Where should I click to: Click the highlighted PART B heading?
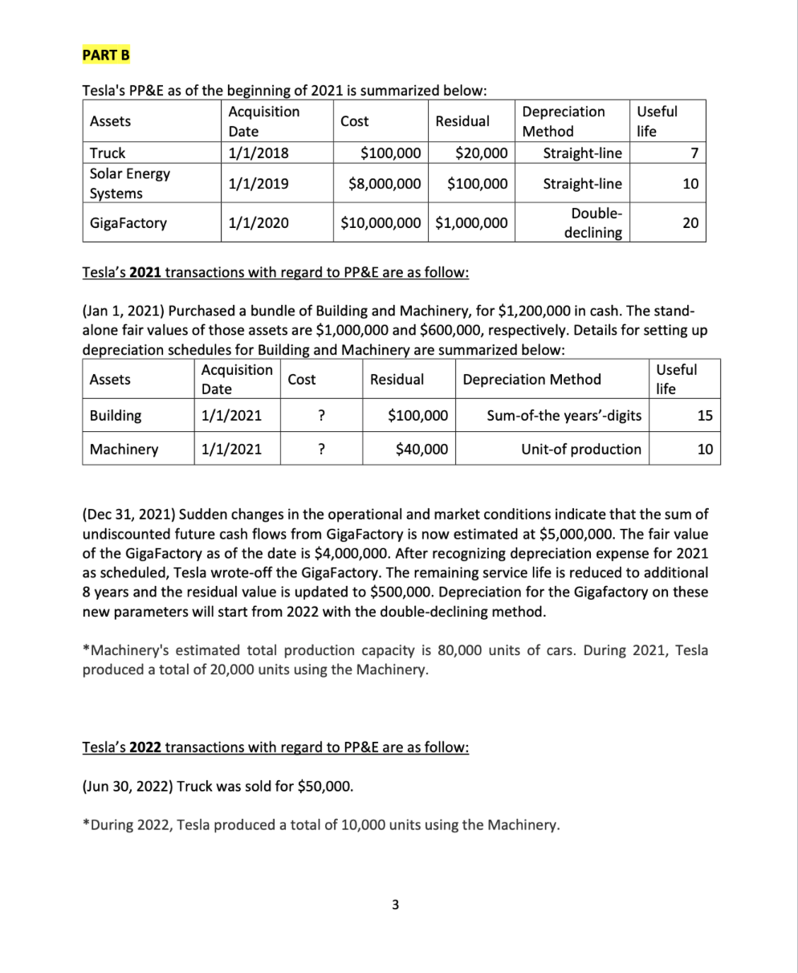click(106, 55)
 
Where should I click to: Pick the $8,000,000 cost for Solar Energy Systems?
click(385, 183)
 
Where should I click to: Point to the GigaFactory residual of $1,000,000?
click(471, 222)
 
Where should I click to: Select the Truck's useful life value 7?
click(695, 153)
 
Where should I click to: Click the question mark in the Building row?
click(320, 415)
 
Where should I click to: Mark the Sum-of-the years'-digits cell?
click(564, 415)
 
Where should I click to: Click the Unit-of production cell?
click(581, 449)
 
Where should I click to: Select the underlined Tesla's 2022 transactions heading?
click(275, 747)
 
